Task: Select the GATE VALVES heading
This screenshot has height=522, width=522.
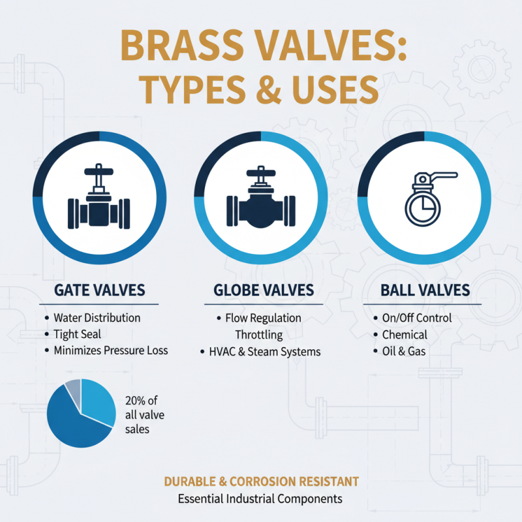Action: tap(99, 290)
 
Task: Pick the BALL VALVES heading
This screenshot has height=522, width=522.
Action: tap(425, 290)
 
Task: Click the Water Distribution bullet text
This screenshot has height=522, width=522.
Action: tap(97, 318)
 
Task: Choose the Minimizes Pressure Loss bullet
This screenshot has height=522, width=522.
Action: tap(110, 350)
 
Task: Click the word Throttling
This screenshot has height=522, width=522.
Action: tap(259, 335)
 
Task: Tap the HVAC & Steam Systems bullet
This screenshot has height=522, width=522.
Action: tap(264, 352)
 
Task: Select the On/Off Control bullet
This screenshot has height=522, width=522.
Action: tap(416, 318)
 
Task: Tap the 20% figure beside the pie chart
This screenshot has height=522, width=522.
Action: tap(132, 401)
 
